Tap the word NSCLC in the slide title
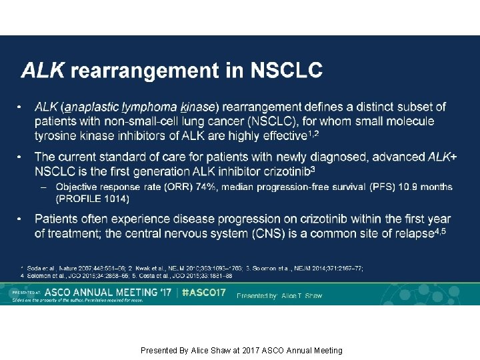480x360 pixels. tap(286, 70)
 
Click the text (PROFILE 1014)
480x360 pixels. tap(93, 199)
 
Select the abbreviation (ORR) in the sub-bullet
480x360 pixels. tap(170, 187)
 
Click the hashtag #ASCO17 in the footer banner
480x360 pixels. tap(203, 293)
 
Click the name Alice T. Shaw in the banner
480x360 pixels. tap(302, 295)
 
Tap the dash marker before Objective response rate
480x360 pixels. tap(43, 187)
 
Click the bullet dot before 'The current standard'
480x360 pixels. tap(20, 157)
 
